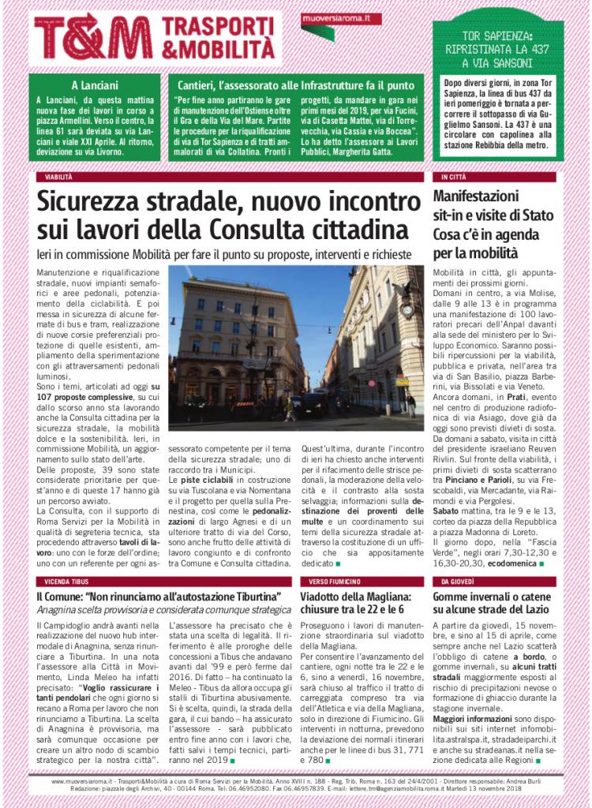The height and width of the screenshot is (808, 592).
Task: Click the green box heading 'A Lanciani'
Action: click(x=95, y=84)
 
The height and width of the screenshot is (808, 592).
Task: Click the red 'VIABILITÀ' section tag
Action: click(x=59, y=178)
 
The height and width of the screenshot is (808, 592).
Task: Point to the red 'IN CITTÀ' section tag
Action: click(x=454, y=178)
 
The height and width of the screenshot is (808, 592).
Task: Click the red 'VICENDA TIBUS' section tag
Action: click(x=66, y=581)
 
